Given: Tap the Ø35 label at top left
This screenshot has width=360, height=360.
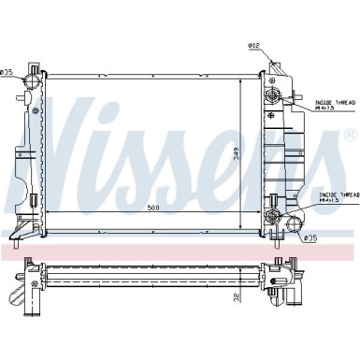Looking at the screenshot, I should point(7,72).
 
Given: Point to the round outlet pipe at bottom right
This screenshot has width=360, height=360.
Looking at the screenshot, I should point(293,224).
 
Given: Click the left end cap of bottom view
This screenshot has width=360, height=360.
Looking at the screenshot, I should point(29,278).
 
